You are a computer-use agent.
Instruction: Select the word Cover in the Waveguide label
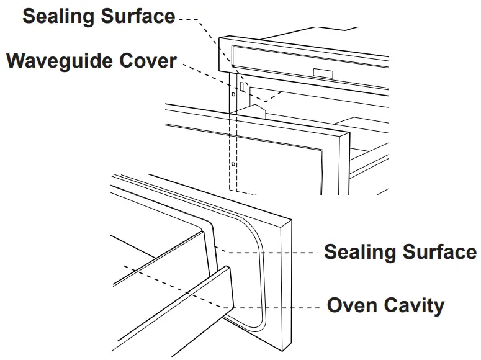155,61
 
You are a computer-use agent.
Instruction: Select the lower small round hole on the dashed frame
232,164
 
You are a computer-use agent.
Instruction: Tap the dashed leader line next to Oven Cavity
279,307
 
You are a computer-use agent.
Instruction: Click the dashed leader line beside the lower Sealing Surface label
273,252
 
